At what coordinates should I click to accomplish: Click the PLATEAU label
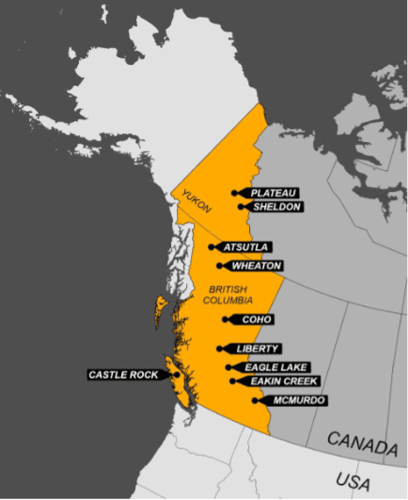(274, 193)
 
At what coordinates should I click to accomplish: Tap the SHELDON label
(276, 207)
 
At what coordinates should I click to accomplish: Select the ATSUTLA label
(246, 247)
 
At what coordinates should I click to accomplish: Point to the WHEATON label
(257, 266)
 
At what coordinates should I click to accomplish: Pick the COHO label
(256, 320)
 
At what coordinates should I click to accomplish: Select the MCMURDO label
(299, 400)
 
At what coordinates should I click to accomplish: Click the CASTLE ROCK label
(123, 375)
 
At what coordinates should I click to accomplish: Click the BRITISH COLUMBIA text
(231, 294)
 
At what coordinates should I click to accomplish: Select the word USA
(353, 481)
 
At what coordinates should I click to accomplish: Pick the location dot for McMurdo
(257, 400)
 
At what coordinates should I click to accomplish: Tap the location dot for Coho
(225, 320)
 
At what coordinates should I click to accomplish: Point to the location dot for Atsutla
(212, 247)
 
